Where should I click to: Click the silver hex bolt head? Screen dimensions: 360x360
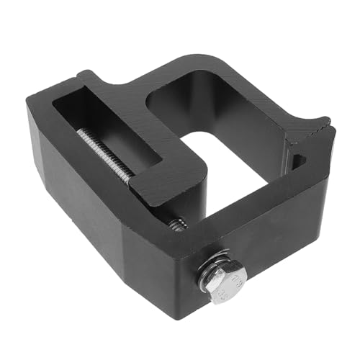coord(225,282)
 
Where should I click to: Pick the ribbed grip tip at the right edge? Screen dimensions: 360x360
coord(317,128)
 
